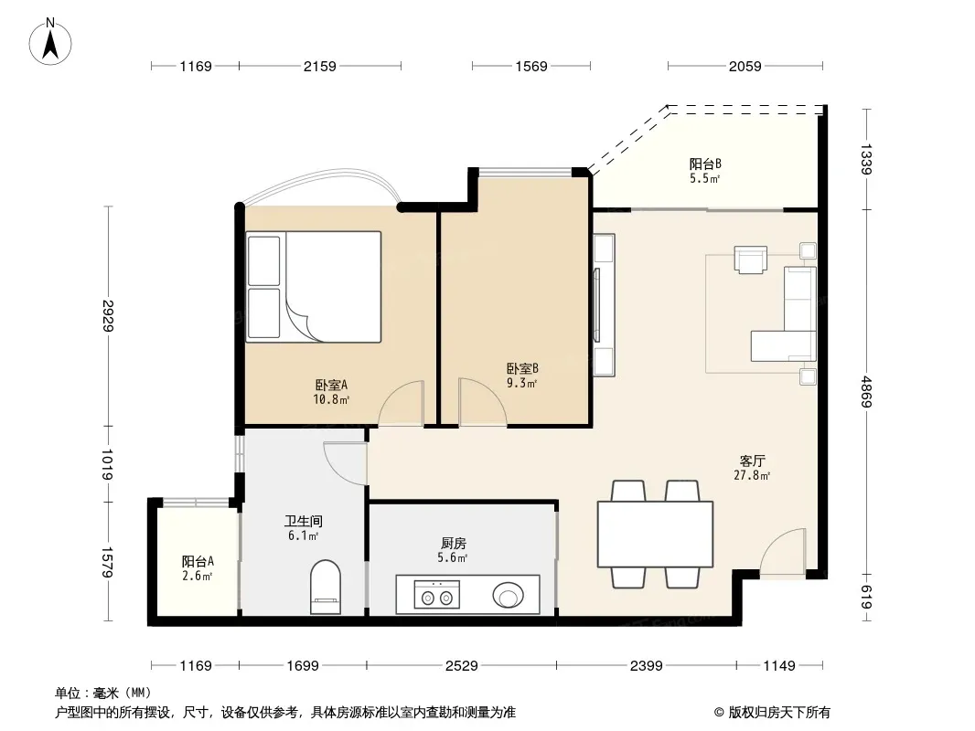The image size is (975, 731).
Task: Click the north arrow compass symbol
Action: point(50,42)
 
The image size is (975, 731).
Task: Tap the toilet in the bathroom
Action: point(326,587)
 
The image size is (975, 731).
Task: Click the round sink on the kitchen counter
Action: point(508,595)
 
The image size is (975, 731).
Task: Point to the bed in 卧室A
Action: point(314,287)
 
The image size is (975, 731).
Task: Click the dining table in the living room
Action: point(655,535)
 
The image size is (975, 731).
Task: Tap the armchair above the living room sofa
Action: point(751,260)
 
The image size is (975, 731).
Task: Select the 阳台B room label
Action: point(705,164)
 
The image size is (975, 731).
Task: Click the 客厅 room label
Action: point(752,461)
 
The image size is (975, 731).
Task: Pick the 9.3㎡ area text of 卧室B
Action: point(521,383)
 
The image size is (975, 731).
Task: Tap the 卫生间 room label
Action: point(304,521)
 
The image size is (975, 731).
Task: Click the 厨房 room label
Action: point(452,544)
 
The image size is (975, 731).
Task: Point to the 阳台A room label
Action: point(198,561)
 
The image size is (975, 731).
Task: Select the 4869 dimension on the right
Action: point(866,392)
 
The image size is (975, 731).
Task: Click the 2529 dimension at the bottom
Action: point(461,666)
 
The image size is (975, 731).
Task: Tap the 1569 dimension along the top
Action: point(531,66)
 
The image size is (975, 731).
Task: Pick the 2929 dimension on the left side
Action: point(108,315)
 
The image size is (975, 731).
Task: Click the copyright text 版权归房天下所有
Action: point(779,713)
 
